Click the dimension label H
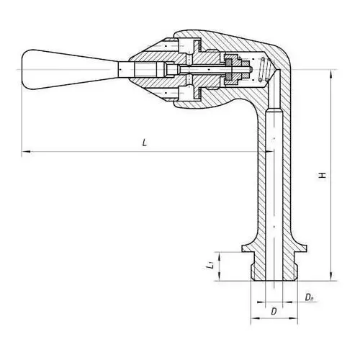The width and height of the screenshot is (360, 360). (x=323, y=175)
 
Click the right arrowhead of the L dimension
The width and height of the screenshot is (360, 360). (x=268, y=151)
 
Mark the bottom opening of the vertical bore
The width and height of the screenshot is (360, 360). (x=274, y=280)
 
